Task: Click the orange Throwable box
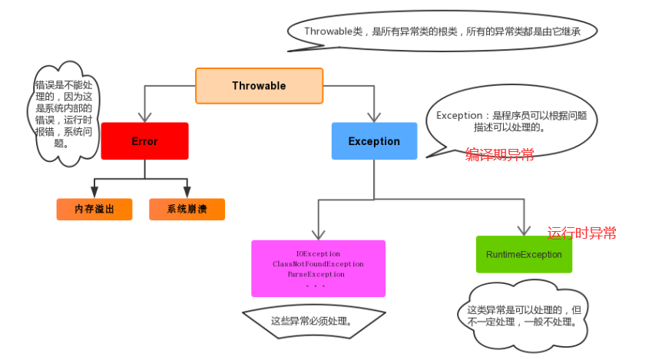(259, 86)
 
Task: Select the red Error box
(144, 141)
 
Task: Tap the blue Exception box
(374, 141)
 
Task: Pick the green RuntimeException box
(524, 254)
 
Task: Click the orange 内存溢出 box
(94, 210)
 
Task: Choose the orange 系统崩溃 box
(187, 210)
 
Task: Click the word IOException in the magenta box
(317, 253)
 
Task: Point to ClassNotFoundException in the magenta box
(317, 264)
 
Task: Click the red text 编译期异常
(500, 155)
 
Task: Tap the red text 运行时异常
(581, 233)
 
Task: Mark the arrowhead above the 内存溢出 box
(94, 192)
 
